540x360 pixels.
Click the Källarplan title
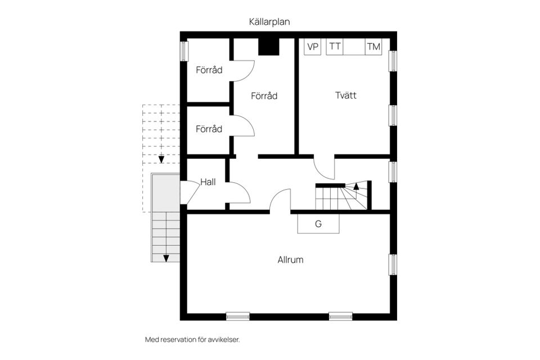coord(269,21)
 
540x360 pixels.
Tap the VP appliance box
coord(313,47)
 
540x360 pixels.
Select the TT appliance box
coord(335,47)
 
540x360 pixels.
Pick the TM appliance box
coord(373,47)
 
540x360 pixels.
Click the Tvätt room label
coord(346,96)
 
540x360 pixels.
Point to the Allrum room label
coord(290,260)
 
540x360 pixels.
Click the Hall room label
coord(208,182)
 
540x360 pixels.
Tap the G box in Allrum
coord(318,224)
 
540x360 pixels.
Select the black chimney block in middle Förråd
coord(269,47)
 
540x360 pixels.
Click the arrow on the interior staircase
coord(355,186)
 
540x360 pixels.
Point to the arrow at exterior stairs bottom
coord(166,258)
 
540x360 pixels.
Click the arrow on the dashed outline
coord(161,159)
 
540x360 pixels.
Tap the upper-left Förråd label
coord(209,70)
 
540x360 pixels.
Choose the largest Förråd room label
coord(264,96)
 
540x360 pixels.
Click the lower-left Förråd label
coord(209,129)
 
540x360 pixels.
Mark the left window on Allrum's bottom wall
coord(238,316)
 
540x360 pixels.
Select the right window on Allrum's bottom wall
coord(340,316)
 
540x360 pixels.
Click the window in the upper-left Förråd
coord(183,51)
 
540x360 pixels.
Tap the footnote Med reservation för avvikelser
coord(196,340)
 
